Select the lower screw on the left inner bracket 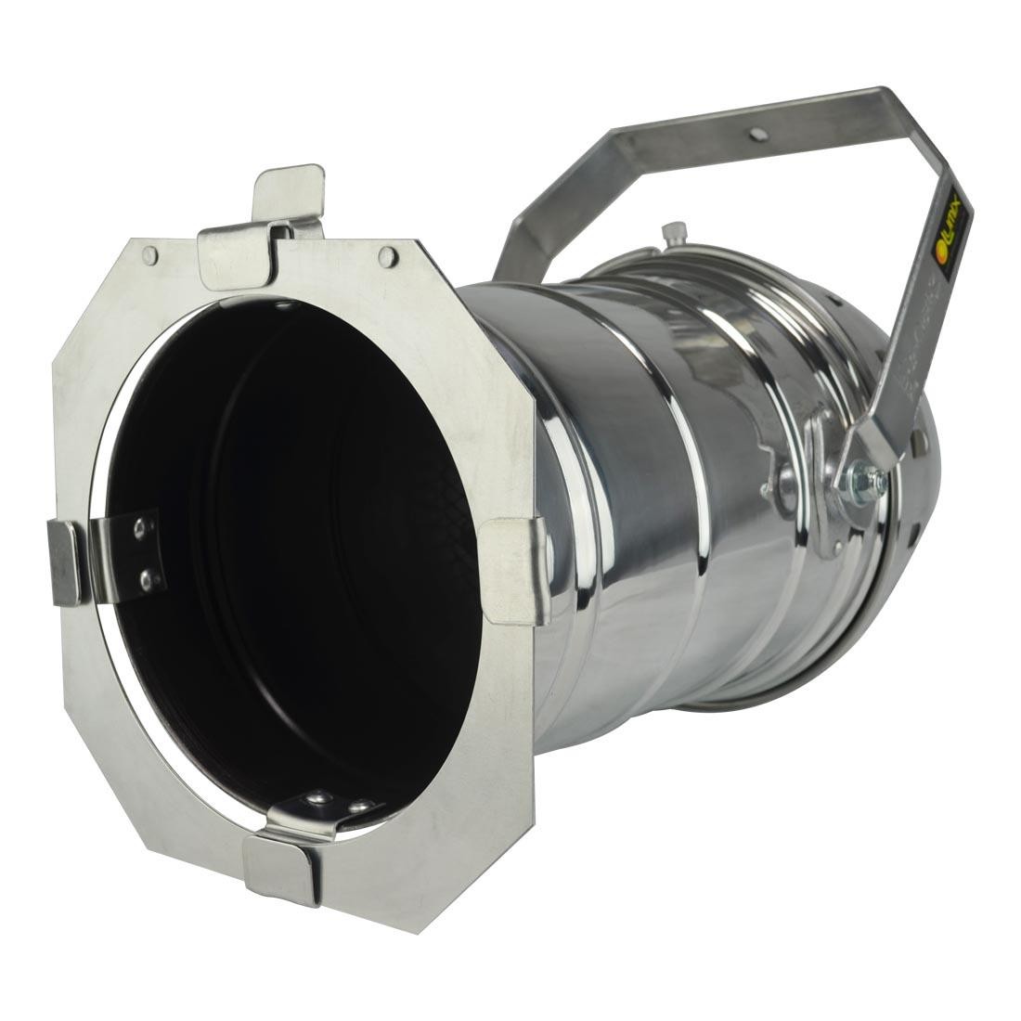pyautogui.click(x=146, y=579)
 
